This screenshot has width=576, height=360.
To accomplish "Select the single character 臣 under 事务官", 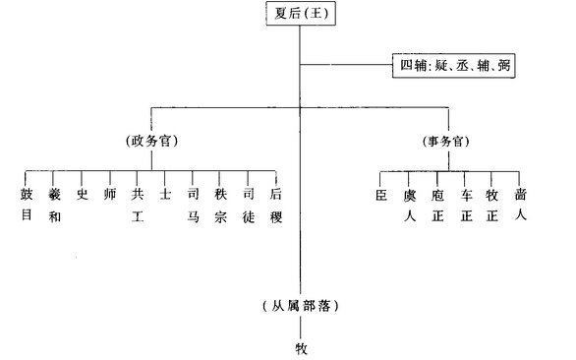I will coord(381,194).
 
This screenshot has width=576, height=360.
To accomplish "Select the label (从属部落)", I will coord(301,306).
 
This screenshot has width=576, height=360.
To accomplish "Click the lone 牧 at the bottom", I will coord(301,346).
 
